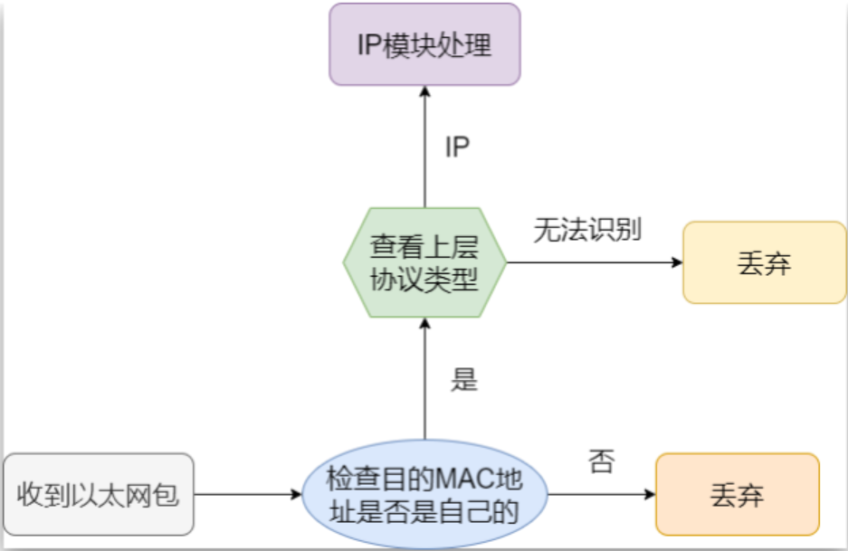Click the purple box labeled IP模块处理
click(x=424, y=44)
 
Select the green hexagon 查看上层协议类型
click(x=424, y=262)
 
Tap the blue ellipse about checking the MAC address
click(x=424, y=495)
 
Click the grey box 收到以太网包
click(x=99, y=495)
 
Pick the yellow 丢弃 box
click(x=764, y=262)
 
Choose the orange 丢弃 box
click(x=737, y=495)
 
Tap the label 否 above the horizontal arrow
click(x=601, y=462)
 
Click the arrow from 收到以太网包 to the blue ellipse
click(x=246, y=495)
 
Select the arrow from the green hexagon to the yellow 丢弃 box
click(x=593, y=262)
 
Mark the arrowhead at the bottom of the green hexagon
click(x=424, y=324)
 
